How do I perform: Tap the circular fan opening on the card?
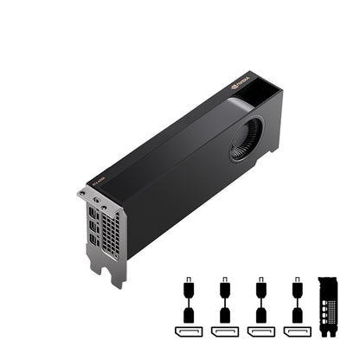tap(247, 139)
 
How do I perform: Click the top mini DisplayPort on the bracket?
tap(93, 210)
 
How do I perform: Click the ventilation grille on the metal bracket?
tap(111, 232)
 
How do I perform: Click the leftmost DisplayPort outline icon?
tap(188, 332)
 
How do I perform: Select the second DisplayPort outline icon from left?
tap(225, 332)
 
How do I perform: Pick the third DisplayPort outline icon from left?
tap(261, 332)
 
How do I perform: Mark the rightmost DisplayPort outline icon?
tap(298, 332)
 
